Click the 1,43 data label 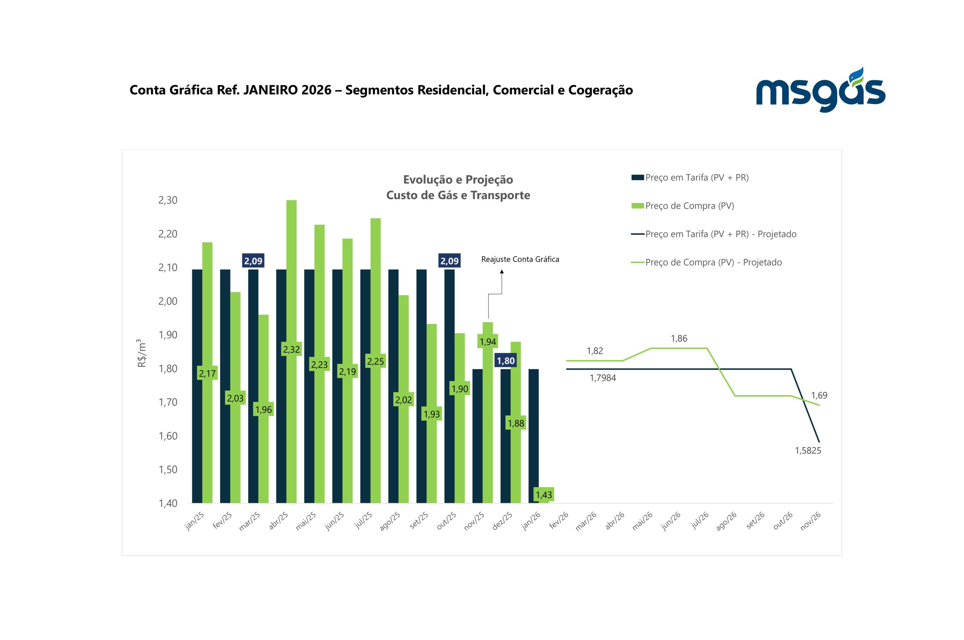point(543,495)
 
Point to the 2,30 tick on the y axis point(168,200)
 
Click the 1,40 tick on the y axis point(168,503)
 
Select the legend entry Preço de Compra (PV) point(689,206)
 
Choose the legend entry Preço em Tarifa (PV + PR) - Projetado point(720,234)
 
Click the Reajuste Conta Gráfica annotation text point(520,259)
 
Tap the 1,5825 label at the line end point(808,451)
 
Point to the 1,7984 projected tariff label point(602,378)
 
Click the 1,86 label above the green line point(679,338)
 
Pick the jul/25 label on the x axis point(363,521)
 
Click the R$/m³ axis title point(142,353)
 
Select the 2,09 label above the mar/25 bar point(253,261)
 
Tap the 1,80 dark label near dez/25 point(505,361)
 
